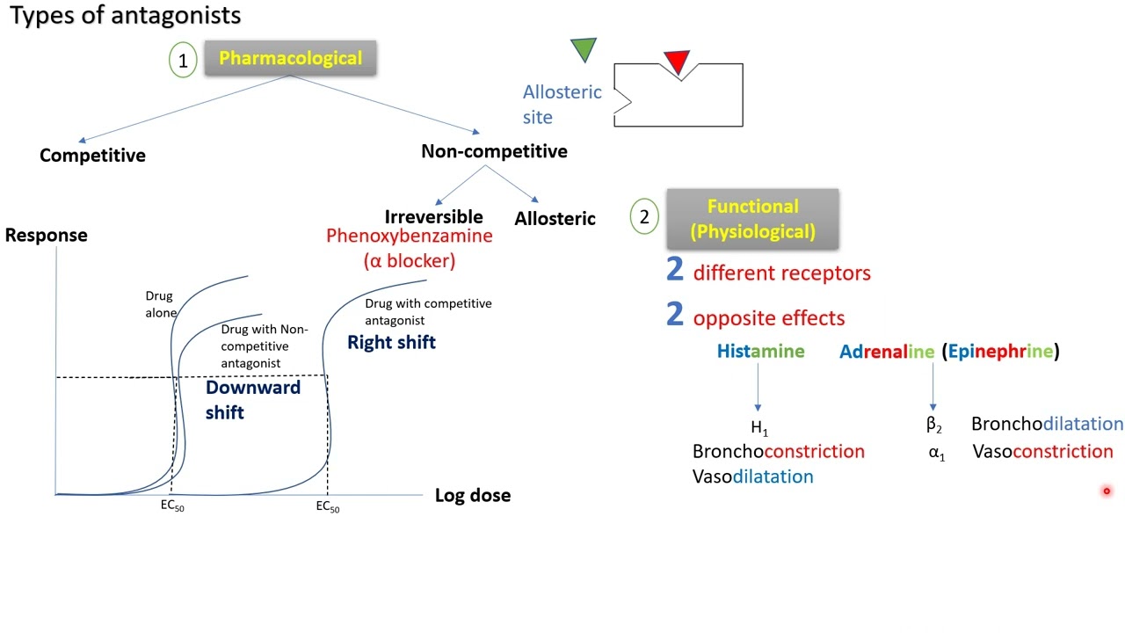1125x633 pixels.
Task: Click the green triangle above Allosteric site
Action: pos(584,48)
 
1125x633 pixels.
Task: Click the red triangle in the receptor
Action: pos(677,62)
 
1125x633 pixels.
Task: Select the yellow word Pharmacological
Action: pos(290,58)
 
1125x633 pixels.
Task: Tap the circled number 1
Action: pos(183,61)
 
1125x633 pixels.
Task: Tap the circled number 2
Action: pos(644,217)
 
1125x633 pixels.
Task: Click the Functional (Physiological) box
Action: pos(752,219)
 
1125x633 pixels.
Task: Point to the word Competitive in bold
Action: pos(92,156)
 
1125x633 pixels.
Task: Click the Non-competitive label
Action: pos(494,151)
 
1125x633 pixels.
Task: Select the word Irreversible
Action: pos(433,216)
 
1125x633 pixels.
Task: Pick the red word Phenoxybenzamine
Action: pos(409,236)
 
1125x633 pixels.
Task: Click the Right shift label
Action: pos(391,343)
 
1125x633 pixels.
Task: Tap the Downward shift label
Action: pos(252,400)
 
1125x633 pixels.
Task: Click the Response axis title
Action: pos(47,235)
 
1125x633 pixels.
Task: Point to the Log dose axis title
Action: pos(473,495)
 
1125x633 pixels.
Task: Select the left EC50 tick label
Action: pos(172,507)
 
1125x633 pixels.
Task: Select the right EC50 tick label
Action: pos(328,507)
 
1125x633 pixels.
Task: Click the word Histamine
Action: pos(760,352)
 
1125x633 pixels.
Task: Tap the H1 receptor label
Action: pos(759,429)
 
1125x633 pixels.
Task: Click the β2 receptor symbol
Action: pos(933,425)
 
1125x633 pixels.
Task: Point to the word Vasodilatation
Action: pos(752,477)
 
